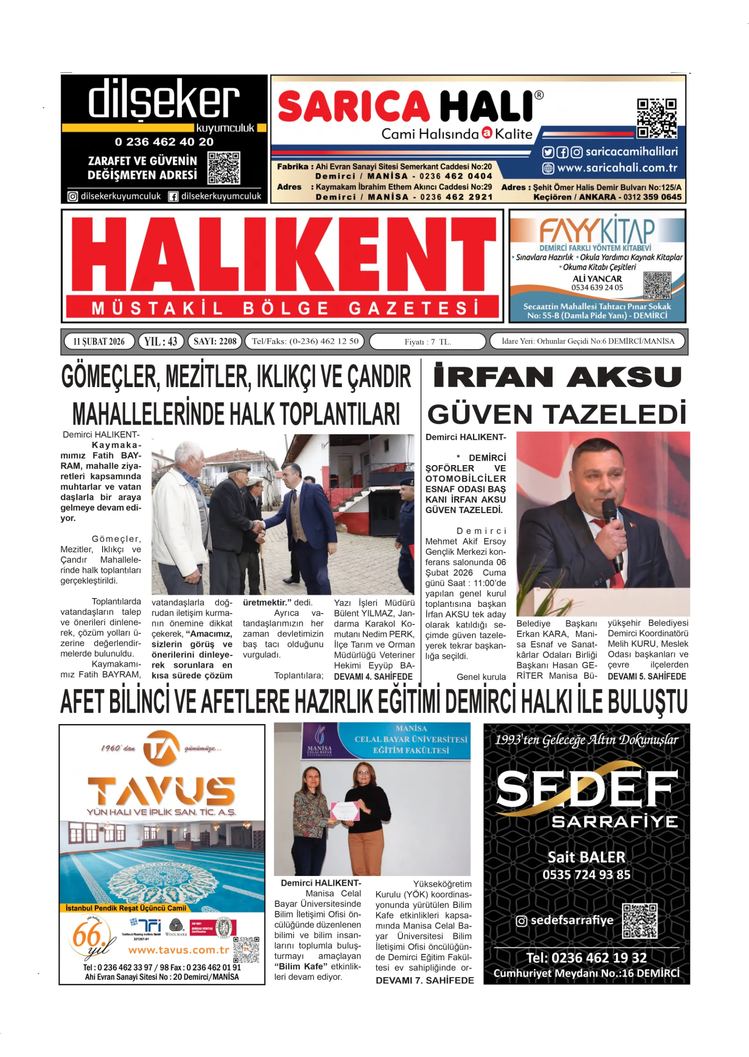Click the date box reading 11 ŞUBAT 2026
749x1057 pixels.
coord(99,341)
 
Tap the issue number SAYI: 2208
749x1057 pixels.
coord(215,341)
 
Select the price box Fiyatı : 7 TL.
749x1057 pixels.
coord(428,342)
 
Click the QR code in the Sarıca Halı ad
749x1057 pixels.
coord(657,118)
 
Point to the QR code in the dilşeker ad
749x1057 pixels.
coord(224,168)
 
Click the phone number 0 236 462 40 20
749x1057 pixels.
coord(164,141)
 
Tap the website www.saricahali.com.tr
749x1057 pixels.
coord(617,168)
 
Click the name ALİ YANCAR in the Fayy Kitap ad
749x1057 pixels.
coord(597,278)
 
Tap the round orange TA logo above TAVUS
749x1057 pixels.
coord(161,748)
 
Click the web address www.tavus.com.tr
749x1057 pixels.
coord(178,950)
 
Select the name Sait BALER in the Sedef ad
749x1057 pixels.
coord(586,857)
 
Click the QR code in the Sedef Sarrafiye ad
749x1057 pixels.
coord(640,920)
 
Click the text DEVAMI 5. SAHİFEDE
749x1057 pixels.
coord(646,676)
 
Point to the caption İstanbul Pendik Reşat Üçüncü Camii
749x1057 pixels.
coord(126,908)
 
